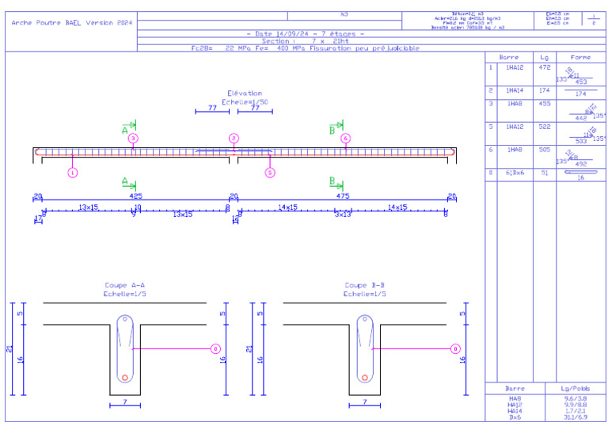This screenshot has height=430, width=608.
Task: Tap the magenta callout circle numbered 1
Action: [x=72, y=172]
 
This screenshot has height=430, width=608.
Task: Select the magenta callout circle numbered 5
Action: [x=270, y=172]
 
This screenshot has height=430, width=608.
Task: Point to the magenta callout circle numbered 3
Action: [x=133, y=139]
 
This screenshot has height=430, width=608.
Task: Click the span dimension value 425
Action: [x=135, y=196]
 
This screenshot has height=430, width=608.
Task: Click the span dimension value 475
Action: [x=342, y=196]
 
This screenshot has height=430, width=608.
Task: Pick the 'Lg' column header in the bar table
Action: [x=543, y=58]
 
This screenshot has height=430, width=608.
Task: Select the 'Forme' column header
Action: [x=579, y=58]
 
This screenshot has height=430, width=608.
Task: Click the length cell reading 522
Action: [x=543, y=127]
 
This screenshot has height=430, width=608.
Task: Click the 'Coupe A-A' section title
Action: [x=125, y=285]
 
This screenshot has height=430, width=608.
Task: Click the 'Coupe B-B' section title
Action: [x=365, y=285]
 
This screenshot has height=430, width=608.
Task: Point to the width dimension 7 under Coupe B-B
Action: [x=365, y=401]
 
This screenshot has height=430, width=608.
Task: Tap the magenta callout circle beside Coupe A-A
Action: [x=215, y=348]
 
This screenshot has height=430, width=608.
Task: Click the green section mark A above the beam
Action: [x=125, y=129]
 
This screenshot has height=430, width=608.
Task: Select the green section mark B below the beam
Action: [x=332, y=181]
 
